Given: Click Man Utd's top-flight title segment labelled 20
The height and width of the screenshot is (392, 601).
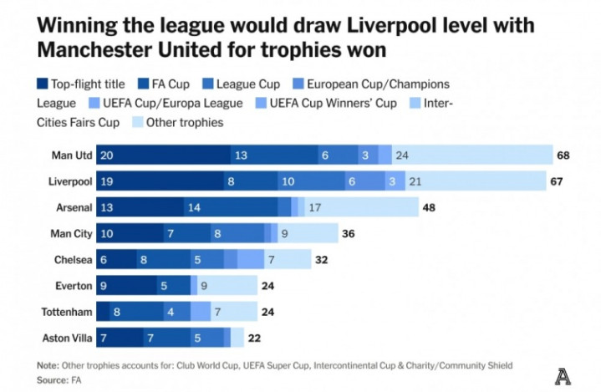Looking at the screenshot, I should pyautogui.click(x=163, y=155).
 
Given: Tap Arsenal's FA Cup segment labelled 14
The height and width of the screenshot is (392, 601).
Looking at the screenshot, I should pyautogui.click(x=230, y=207).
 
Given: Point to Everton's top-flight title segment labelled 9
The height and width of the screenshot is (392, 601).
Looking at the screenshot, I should pyautogui.click(x=125, y=286).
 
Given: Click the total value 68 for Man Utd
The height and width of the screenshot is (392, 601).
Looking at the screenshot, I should pyautogui.click(x=563, y=155).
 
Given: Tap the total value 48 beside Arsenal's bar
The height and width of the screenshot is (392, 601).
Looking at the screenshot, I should pyautogui.click(x=430, y=207).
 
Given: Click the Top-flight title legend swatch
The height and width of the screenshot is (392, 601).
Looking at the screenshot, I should pyautogui.click(x=42, y=84).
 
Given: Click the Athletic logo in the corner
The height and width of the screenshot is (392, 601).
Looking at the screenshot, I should pyautogui.click(x=563, y=376).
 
